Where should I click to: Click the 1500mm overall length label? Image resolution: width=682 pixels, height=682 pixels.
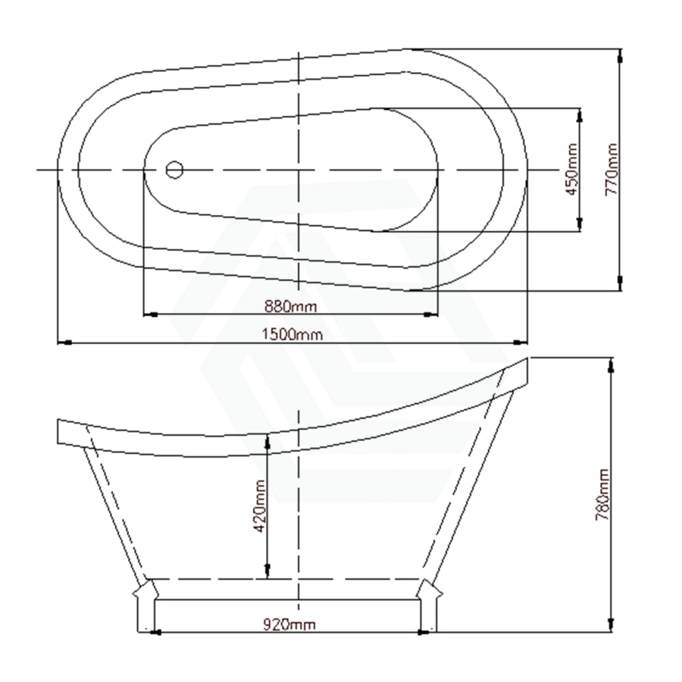(x=293, y=334)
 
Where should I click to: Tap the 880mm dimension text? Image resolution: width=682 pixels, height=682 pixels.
(x=291, y=307)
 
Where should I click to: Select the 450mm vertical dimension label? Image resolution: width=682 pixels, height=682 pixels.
(x=572, y=170)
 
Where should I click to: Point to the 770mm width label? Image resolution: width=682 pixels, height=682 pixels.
(x=611, y=170)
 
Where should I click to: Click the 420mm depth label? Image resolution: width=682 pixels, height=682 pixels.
(x=260, y=506)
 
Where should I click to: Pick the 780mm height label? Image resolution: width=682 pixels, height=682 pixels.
(x=602, y=495)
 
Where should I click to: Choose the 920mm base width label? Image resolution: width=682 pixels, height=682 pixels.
(x=289, y=624)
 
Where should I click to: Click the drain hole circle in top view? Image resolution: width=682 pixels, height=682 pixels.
(x=174, y=170)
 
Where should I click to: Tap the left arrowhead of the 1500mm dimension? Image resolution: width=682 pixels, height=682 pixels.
(x=64, y=343)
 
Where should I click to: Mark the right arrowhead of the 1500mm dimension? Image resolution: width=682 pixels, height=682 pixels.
(x=521, y=343)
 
